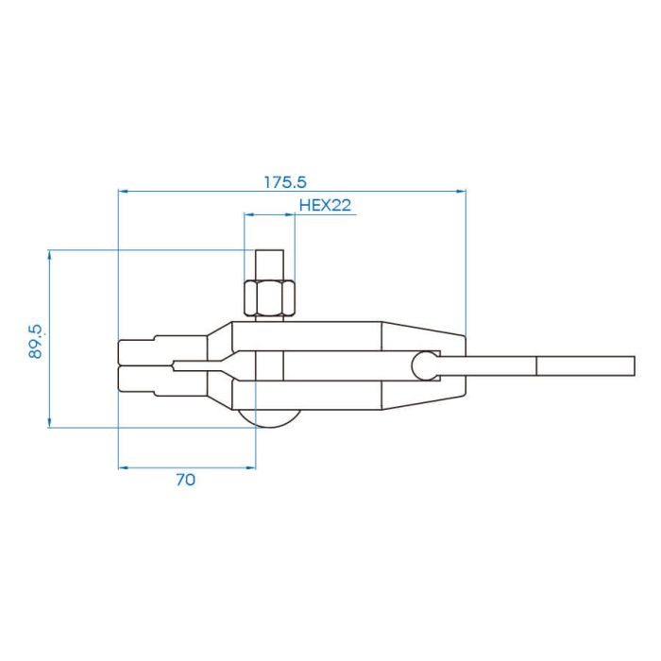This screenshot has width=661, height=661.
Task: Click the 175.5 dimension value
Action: [x=285, y=182]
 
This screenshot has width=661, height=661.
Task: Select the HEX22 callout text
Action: [x=325, y=205]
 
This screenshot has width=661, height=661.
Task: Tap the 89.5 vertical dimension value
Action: [x=36, y=342]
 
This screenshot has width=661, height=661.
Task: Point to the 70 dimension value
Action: [x=185, y=480]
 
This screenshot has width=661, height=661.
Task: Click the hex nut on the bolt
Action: [x=269, y=297]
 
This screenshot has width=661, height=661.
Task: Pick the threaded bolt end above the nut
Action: [x=269, y=264]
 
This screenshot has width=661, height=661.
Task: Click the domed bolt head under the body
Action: [x=269, y=418]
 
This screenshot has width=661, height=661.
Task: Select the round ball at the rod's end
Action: [x=425, y=366]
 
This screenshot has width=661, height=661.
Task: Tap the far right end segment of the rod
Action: [x=585, y=366]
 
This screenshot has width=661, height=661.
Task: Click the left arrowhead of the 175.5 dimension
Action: [x=123, y=192]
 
